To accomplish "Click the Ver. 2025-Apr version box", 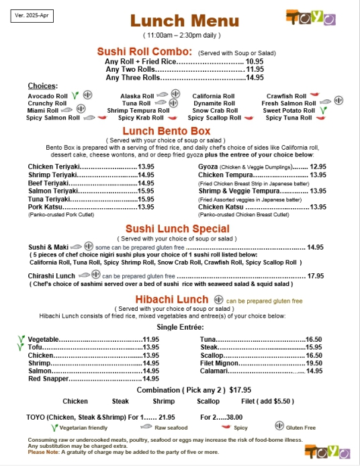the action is (x=32, y=15).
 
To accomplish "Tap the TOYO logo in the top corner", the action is (x=310, y=18).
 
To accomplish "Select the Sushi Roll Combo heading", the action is (x=144, y=51).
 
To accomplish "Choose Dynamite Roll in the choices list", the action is (x=213, y=103).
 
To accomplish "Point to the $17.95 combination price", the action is (x=240, y=389).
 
